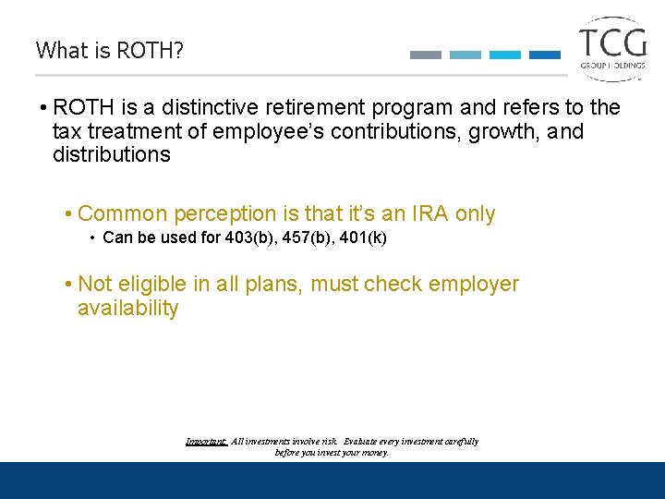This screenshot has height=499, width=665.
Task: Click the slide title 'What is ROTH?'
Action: click(x=110, y=50)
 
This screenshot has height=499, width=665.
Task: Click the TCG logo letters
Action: click(x=612, y=43)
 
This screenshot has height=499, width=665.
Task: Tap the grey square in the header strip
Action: click(x=425, y=55)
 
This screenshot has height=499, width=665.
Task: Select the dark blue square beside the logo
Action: click(x=544, y=55)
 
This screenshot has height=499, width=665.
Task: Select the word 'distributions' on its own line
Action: click(x=112, y=154)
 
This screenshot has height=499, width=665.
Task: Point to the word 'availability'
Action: click(x=127, y=308)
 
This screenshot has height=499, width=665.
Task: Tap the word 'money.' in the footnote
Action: click(x=374, y=453)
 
